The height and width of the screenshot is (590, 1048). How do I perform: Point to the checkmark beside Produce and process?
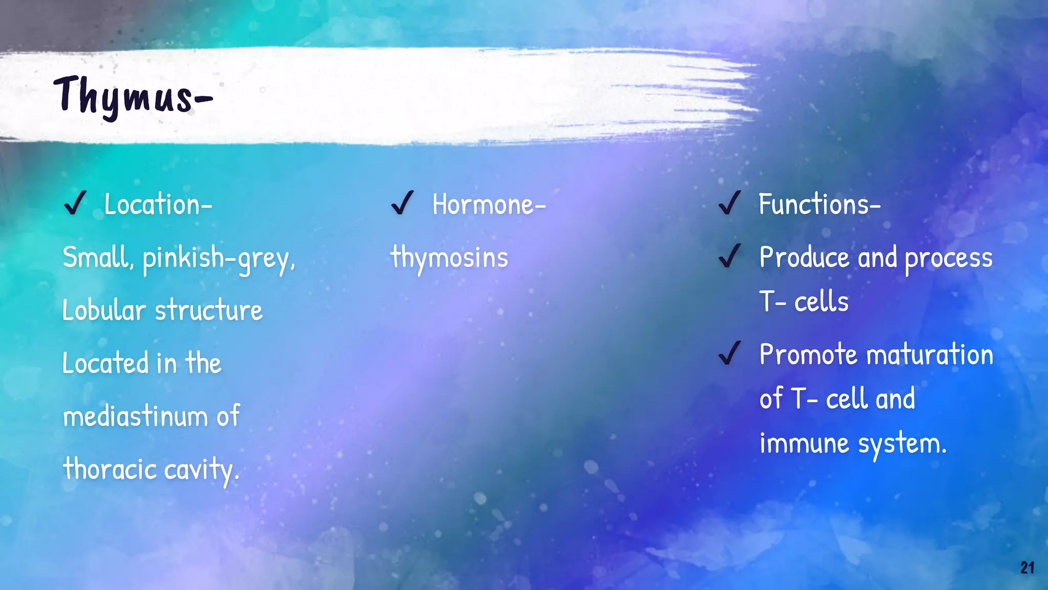729,256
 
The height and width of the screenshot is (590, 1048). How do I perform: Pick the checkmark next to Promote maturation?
729,353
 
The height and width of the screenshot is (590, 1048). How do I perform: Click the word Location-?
158,204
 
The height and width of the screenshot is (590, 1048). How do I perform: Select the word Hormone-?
489,204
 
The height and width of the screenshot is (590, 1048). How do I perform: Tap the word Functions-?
819,204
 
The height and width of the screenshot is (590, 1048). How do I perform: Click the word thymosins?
449,258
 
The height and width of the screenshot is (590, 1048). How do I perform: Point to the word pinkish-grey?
219,259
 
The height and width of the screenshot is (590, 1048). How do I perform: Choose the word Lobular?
104,310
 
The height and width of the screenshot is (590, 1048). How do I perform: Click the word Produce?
804,257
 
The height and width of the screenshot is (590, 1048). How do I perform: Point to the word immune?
804,443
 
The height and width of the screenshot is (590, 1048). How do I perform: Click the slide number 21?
1027,567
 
